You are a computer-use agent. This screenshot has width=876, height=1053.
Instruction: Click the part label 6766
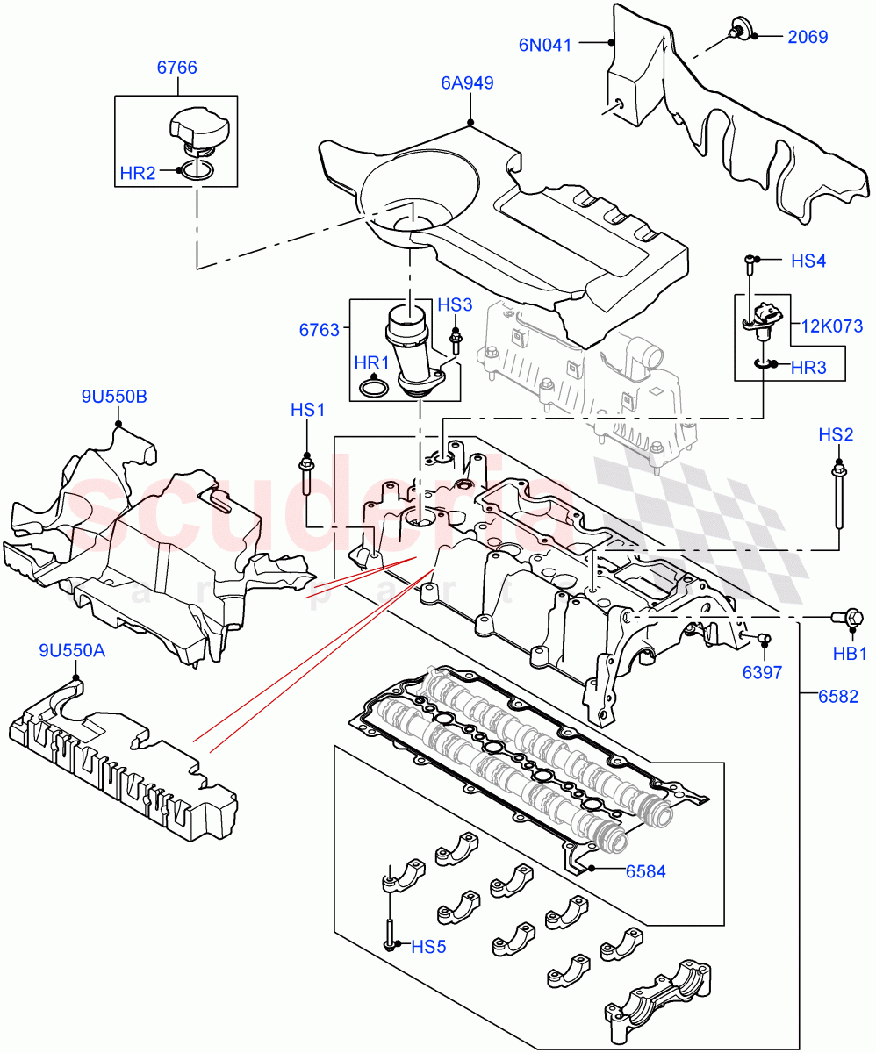click(176, 67)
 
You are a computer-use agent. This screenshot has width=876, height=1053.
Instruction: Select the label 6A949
click(467, 83)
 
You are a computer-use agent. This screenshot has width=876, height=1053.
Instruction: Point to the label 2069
click(808, 37)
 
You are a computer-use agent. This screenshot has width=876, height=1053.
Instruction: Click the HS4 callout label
click(808, 261)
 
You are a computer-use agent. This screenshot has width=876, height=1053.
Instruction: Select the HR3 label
click(808, 369)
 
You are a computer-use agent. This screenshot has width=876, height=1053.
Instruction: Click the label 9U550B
click(114, 397)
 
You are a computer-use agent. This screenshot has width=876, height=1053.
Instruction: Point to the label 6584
click(645, 871)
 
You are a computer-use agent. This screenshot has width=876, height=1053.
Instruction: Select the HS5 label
click(428, 946)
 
